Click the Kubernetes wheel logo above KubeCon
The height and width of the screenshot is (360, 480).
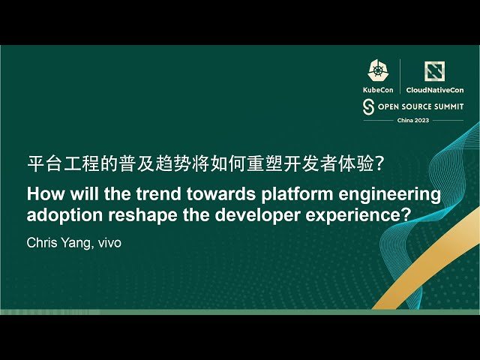[377, 70]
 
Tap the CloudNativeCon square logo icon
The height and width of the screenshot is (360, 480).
[435, 70]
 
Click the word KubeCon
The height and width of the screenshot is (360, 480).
[378, 89]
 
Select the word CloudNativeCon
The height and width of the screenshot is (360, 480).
[435, 89]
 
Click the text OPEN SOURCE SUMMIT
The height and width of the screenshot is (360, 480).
[420, 106]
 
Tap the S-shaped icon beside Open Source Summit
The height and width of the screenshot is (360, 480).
[368, 106]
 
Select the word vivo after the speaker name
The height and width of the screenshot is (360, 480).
[107, 243]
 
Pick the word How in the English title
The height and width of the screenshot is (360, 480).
[44, 194]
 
